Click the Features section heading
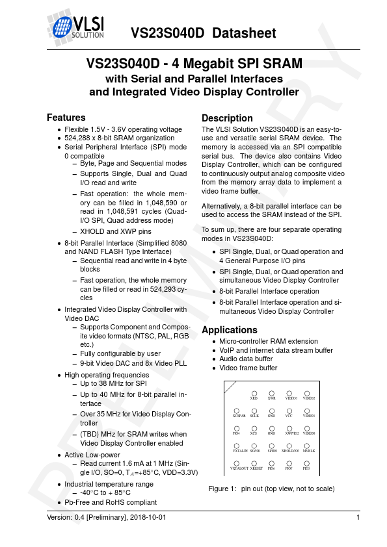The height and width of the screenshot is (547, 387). point(66,118)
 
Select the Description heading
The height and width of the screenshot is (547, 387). point(227,118)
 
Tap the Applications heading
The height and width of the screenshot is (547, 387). point(230,329)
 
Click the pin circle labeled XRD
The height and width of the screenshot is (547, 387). point(254,392)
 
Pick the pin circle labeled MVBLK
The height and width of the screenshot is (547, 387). point(308,444)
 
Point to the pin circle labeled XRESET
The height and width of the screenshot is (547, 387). point(256,462)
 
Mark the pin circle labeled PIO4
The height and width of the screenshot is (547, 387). point(237,427)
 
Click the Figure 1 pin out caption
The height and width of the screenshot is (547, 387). point(271,489)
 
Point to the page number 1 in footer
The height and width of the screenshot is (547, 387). point(358,517)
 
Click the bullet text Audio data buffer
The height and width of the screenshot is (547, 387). point(247,359)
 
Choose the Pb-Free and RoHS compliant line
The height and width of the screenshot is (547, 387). point(111,502)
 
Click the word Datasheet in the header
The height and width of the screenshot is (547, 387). point(245,33)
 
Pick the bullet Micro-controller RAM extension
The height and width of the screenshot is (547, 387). point(269,341)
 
